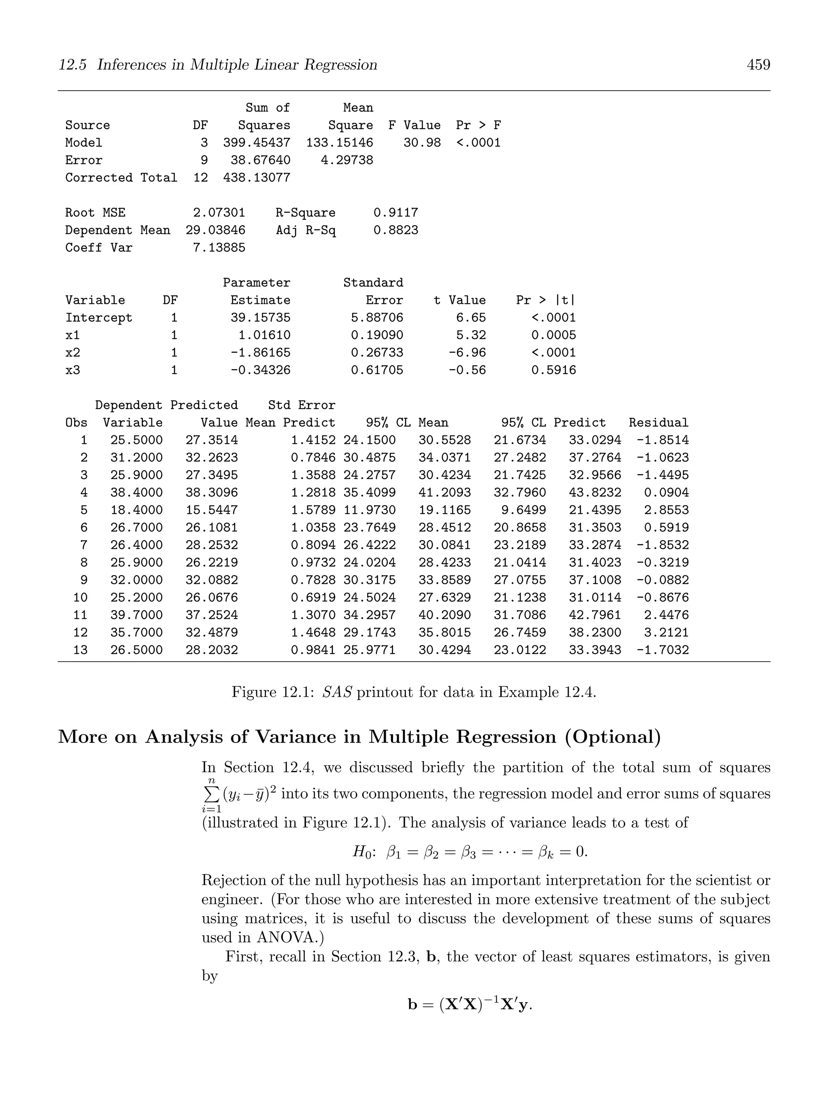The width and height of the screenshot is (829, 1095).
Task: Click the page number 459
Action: click(758, 65)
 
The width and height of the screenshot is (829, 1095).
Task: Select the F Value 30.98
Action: click(422, 143)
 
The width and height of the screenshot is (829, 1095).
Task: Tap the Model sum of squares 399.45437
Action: click(257, 143)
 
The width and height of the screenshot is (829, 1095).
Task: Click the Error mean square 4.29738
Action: click(346, 160)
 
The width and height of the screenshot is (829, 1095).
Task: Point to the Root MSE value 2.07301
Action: click(219, 213)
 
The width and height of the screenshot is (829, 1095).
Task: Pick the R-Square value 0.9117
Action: click(396, 213)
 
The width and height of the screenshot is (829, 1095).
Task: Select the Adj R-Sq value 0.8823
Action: click(396, 230)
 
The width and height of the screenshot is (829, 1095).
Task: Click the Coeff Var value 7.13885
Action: click(219, 248)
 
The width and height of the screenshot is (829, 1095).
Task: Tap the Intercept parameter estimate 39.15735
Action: click(261, 318)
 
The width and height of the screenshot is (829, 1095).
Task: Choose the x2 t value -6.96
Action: click(467, 353)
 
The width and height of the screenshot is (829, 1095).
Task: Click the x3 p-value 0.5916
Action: click(554, 370)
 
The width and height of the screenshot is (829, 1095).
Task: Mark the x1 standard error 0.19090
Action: click(377, 335)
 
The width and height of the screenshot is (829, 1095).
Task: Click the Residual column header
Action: click(658, 423)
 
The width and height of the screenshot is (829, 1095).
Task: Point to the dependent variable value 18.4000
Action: click(136, 510)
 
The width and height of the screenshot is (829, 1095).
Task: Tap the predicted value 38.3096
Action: click(211, 492)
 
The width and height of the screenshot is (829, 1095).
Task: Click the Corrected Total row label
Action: click(121, 178)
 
